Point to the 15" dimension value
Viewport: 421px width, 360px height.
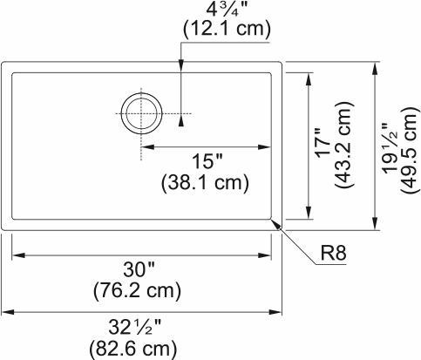(205, 162)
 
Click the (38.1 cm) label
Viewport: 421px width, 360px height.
(205, 183)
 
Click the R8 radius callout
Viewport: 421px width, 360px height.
(334, 255)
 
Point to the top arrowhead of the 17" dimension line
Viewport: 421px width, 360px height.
(309, 78)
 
